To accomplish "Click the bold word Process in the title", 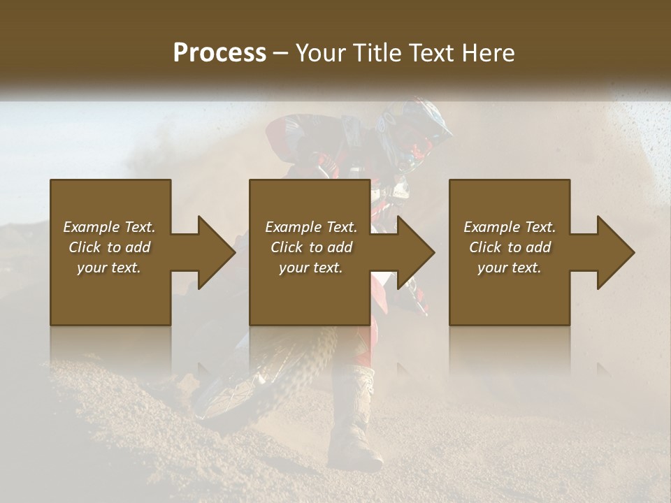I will click(x=219, y=53).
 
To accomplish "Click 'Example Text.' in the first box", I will click(x=109, y=227).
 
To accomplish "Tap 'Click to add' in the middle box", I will click(x=311, y=247).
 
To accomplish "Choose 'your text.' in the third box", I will click(x=510, y=268).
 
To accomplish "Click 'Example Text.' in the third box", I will click(x=510, y=227).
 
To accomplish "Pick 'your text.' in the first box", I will click(x=109, y=268).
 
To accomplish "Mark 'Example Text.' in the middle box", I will click(x=311, y=227).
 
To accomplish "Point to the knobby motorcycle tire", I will click(x=280, y=377).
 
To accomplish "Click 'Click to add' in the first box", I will click(x=109, y=247).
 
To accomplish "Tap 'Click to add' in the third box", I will click(x=510, y=247).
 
